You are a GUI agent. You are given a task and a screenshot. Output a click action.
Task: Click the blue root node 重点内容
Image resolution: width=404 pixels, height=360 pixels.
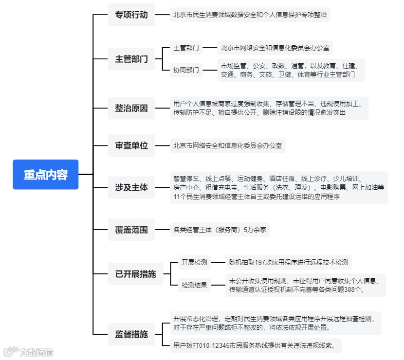(46, 174)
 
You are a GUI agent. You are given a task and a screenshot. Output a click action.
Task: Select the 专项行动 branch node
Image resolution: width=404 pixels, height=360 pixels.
(131, 15)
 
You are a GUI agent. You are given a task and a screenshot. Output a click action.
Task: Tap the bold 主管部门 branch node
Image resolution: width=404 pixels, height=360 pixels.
(131, 59)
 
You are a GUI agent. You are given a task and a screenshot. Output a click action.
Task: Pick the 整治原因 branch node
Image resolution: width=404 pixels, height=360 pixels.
(131, 108)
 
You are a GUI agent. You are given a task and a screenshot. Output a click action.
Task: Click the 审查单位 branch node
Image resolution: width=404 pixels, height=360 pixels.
(131, 145)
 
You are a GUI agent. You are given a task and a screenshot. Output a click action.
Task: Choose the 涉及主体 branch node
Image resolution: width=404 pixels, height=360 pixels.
(131, 187)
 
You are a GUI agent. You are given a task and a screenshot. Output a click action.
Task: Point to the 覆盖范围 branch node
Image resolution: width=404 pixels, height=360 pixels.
(131, 229)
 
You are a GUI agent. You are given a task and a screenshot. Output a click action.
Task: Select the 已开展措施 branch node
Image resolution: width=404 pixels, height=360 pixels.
(136, 274)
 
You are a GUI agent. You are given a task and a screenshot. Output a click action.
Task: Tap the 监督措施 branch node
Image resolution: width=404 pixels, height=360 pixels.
(131, 334)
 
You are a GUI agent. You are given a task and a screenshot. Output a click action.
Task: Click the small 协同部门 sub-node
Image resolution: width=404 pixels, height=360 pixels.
(186, 70)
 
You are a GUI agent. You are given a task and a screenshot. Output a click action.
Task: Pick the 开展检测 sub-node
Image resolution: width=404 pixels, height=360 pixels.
(194, 263)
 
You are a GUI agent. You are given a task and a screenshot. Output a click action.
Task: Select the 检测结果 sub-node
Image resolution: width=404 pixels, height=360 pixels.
(194, 285)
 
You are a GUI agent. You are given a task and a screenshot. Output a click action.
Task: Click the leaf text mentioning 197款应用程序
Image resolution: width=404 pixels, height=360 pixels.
(289, 263)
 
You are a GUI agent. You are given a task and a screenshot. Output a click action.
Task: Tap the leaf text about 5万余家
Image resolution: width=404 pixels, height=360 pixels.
(220, 229)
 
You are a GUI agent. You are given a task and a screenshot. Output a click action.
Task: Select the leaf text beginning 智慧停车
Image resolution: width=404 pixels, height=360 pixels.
(278, 187)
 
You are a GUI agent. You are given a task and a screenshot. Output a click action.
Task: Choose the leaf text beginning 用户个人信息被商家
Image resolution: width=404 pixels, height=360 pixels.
(269, 108)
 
